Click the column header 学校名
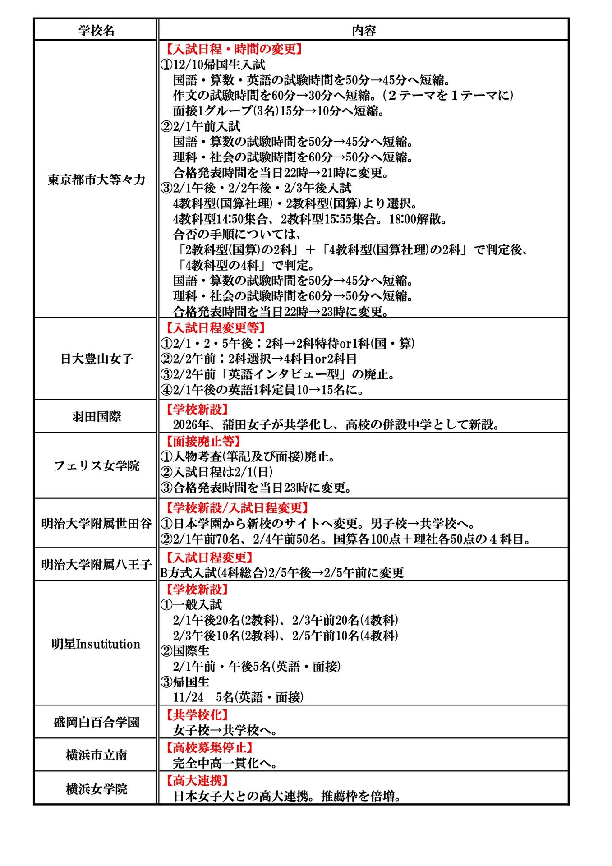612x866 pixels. (x=96, y=30)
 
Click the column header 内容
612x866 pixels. (x=364, y=30)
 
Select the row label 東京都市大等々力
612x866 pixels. (x=96, y=180)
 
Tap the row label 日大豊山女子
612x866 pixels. (x=97, y=359)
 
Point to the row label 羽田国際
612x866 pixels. (x=96, y=416)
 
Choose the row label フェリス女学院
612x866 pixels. (x=96, y=465)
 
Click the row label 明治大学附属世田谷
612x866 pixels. (x=96, y=523)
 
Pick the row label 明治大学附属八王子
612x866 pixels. (x=96, y=564)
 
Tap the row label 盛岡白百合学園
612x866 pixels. (x=96, y=722)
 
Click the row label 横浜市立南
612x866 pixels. (x=96, y=755)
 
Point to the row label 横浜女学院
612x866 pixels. (x=96, y=788)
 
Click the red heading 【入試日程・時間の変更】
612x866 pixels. (x=232, y=49)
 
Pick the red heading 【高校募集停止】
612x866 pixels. (x=207, y=747)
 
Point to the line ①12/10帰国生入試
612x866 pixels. (x=213, y=64)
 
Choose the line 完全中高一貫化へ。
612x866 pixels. (x=225, y=763)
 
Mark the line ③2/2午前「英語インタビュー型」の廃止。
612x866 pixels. (x=278, y=374)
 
